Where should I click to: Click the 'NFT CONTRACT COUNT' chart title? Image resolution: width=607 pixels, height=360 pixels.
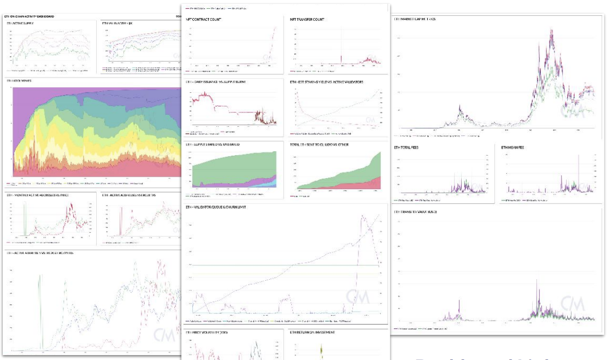[x=203, y=20]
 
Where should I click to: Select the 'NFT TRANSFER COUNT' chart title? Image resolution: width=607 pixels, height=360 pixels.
[x=307, y=20]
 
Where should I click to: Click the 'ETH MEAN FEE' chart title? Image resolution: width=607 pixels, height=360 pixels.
[x=514, y=147]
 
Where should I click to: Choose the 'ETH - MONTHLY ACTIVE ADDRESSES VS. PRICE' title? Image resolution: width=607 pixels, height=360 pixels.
[x=32, y=194]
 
